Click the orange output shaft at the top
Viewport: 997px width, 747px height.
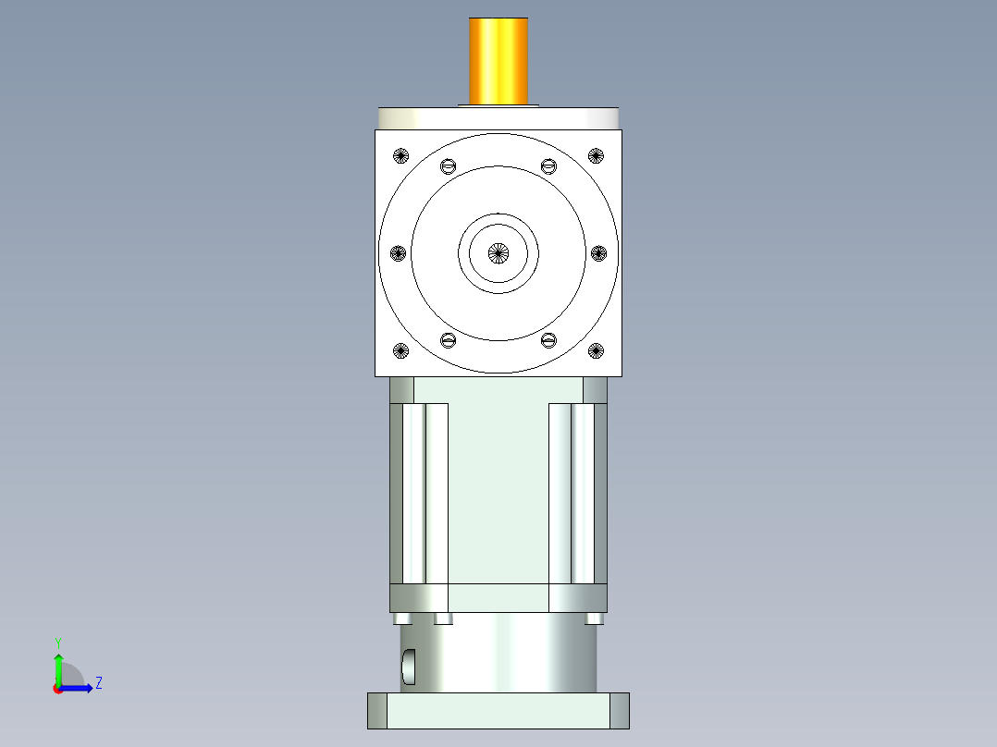click(498, 61)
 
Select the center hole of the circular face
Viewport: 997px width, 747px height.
click(498, 252)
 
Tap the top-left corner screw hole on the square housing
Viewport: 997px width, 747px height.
click(400, 155)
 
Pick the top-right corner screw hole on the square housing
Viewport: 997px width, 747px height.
click(596, 155)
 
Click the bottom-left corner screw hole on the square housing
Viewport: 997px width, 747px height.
click(400, 350)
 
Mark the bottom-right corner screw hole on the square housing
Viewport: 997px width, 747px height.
click(596, 350)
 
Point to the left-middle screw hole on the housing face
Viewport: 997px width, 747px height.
click(399, 252)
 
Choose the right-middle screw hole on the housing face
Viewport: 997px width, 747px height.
click(597, 252)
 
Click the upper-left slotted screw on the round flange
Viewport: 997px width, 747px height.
click(449, 166)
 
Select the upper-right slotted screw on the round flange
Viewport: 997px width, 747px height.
click(548, 166)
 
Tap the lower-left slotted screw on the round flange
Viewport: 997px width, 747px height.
click(449, 340)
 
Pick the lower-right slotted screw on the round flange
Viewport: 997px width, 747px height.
click(548, 340)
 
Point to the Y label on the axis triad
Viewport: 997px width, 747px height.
click(57, 642)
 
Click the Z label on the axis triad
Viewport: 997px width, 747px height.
click(98, 683)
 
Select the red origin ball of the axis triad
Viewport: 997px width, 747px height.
click(57, 689)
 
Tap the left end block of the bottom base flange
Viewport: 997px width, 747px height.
click(377, 710)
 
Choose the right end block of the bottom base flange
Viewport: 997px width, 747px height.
click(620, 710)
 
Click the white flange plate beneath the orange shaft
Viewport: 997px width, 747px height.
click(498, 118)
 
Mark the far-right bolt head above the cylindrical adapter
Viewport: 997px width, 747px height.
click(595, 618)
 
